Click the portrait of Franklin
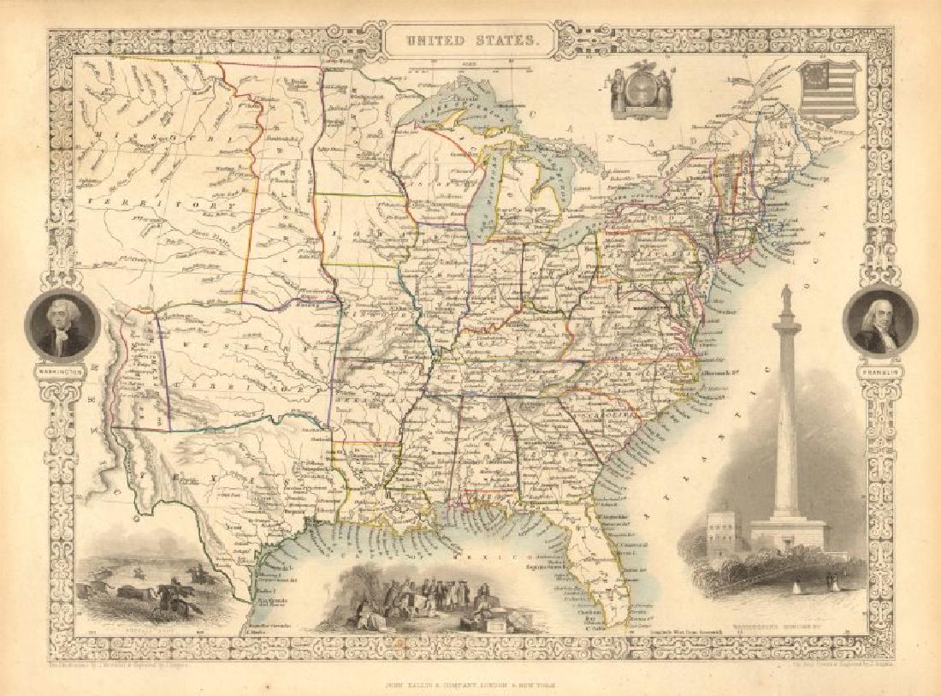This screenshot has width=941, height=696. point(879,322)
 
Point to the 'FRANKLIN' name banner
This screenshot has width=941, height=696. point(879,373)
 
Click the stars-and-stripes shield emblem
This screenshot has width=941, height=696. point(827,91)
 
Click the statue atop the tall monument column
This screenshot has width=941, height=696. point(785,300)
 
